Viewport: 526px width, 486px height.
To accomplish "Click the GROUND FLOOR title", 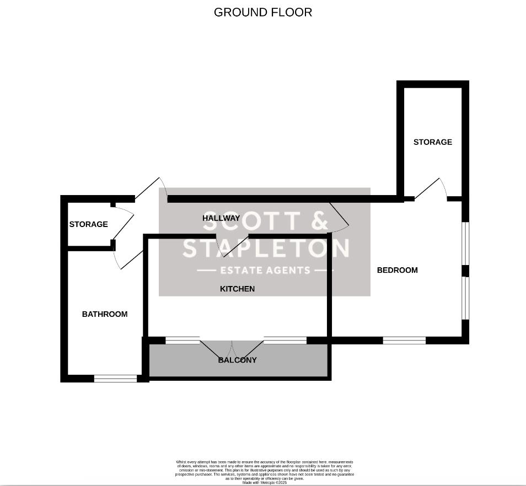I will pyautogui.click(x=263, y=12).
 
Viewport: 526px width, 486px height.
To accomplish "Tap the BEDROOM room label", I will pyautogui.click(x=397, y=270).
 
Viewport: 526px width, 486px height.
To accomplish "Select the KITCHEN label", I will pyautogui.click(x=237, y=289).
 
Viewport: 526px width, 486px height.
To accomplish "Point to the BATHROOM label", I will pyautogui.click(x=105, y=314).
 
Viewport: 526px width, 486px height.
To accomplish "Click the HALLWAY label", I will pyautogui.click(x=221, y=218).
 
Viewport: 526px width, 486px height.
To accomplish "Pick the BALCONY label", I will pyautogui.click(x=238, y=360).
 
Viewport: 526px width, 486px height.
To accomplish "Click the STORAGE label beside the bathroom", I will pyautogui.click(x=88, y=224).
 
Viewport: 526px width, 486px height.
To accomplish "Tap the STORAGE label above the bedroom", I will pyautogui.click(x=433, y=142).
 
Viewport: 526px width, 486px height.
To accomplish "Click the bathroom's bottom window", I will pyautogui.click(x=115, y=379).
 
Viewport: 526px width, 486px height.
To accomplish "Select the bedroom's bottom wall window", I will pyautogui.click(x=404, y=341).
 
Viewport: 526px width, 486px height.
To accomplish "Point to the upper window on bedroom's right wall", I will pyautogui.click(x=465, y=243).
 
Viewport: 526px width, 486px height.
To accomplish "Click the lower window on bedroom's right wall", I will pyautogui.click(x=465, y=298).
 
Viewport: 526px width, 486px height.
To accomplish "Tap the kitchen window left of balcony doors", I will pyautogui.click(x=183, y=341).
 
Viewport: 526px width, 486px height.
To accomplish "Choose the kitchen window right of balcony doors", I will pyautogui.click(x=285, y=341).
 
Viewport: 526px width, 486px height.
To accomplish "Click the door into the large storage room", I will pyautogui.click(x=431, y=189).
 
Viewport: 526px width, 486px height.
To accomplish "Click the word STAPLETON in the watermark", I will pyautogui.click(x=266, y=249).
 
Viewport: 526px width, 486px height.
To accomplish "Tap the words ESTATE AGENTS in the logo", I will pyautogui.click(x=265, y=271).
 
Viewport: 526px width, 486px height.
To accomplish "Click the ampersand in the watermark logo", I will pyautogui.click(x=319, y=220).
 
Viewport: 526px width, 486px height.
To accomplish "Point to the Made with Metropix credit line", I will pyautogui.click(x=265, y=483).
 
